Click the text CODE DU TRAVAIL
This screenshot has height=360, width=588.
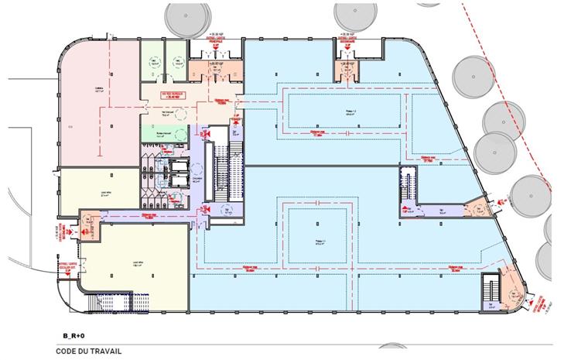click(89, 350)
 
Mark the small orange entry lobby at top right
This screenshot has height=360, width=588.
click(344, 70)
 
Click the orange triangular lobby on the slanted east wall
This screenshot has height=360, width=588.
click(480, 207)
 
